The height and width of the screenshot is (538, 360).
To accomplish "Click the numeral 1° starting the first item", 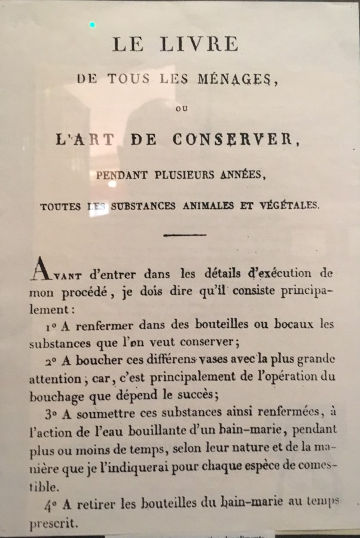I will coord(51,327).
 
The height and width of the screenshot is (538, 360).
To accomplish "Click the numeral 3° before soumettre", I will coord(50,413).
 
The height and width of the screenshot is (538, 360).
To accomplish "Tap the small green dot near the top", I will coord(92,25).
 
